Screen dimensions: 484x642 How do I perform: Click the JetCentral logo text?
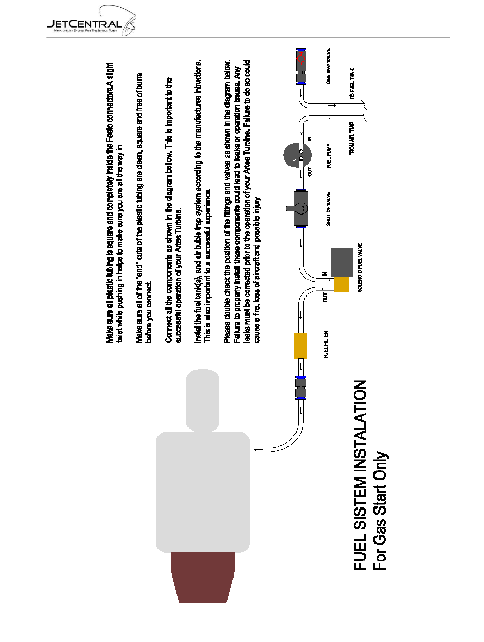coord(84,24)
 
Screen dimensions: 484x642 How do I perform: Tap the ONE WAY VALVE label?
coord(328,66)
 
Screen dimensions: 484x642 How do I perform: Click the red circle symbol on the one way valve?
coord(301,59)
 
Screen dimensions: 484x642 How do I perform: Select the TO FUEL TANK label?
coord(352,84)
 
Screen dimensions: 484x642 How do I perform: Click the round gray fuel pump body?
coord(297,155)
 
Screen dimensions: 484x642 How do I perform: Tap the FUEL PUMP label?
coord(329,156)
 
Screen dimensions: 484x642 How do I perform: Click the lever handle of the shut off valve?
coord(292,208)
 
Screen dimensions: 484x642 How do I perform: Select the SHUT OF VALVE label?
coord(328,208)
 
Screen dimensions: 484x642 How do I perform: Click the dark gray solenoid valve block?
coord(341,262)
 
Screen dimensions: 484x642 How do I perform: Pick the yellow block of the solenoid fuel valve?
coord(341,284)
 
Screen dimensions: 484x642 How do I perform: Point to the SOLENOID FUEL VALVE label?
coord(360,267)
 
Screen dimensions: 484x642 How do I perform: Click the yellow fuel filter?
coord(301,345)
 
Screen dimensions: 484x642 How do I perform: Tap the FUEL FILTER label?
coord(326,344)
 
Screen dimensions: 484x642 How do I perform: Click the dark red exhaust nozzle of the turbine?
coord(203,577)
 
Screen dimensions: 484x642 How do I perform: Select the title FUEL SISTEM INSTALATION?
coord(360,475)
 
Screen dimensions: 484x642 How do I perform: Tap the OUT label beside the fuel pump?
coord(310,172)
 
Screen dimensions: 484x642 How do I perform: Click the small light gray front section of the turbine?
coord(202,400)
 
